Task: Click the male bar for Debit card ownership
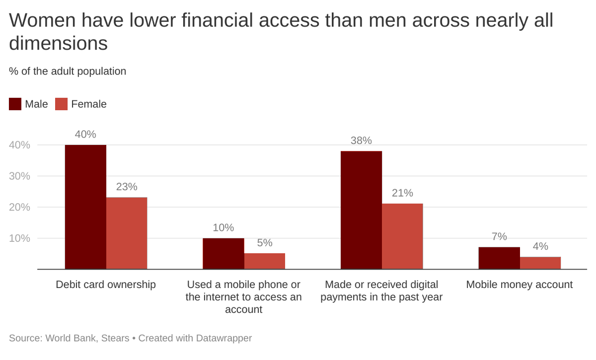[x=85, y=207]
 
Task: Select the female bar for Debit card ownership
[x=127, y=233]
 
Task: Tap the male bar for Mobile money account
[x=499, y=258]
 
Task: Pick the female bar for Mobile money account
[x=540, y=263]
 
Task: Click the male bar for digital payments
[x=361, y=210]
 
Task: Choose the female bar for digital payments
[x=402, y=236]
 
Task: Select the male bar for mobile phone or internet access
[x=223, y=254]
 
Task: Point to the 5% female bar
[x=265, y=261]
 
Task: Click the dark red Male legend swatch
[x=15, y=104]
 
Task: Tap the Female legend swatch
[x=61, y=104]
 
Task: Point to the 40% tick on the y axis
[x=19, y=145]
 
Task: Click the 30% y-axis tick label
[x=19, y=176]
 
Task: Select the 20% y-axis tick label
[x=19, y=207]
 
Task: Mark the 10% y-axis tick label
[x=19, y=238]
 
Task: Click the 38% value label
[x=361, y=141]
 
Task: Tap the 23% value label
[x=127, y=187]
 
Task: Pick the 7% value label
[x=499, y=237]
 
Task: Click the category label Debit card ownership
[x=106, y=285]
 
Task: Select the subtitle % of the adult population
[x=68, y=71]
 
